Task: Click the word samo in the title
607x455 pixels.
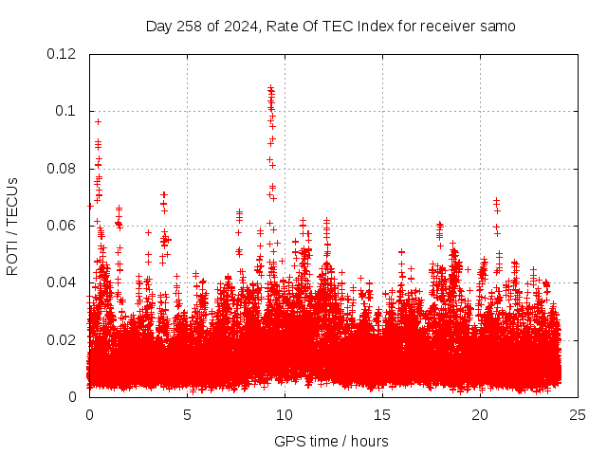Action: (496, 27)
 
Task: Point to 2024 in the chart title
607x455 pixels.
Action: (241, 27)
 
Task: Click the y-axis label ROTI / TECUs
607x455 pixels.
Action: (12, 226)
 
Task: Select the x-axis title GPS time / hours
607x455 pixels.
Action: (331, 441)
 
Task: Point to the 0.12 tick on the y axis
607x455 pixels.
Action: (62, 54)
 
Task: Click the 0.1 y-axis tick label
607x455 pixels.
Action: (66, 111)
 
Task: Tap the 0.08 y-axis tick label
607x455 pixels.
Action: (62, 169)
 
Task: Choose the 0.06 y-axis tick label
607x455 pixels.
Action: (62, 226)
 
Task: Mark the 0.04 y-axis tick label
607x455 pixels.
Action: (62, 282)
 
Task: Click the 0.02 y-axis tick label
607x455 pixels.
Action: (62, 339)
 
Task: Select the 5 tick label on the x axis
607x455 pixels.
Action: (187, 414)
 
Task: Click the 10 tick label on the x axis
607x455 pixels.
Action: (285, 414)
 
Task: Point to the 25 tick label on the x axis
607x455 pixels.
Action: (578, 414)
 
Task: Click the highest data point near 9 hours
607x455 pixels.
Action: (270, 88)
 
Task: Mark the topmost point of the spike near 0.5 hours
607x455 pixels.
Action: (98, 121)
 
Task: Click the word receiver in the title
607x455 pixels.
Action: (444, 27)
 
